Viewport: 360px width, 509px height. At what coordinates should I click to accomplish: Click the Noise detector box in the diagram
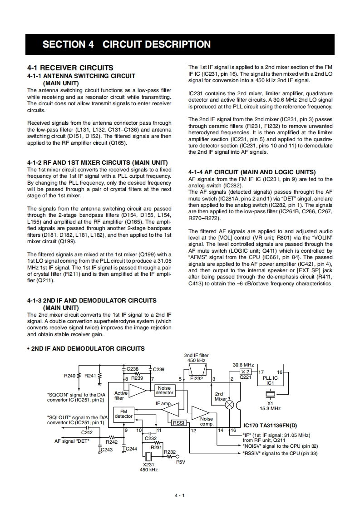(164, 390)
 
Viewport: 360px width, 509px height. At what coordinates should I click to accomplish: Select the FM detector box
(123, 413)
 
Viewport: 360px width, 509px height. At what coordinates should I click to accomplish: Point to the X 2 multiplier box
(246, 372)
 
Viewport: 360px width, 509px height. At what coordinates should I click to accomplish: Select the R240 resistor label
(70, 376)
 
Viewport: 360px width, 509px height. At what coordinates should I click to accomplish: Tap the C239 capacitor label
(159, 369)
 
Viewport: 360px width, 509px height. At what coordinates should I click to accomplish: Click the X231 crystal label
(148, 464)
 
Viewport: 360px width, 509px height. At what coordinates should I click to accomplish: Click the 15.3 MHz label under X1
(270, 408)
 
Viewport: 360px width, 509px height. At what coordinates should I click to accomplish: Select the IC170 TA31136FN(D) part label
(270, 426)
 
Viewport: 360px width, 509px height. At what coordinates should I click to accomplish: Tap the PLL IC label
(270, 377)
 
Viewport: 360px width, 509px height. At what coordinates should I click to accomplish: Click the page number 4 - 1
(180, 495)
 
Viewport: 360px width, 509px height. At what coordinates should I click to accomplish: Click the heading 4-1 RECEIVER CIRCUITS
(70, 68)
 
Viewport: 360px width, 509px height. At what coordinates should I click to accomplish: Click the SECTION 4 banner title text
(127, 44)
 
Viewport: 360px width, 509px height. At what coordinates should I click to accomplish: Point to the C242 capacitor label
(87, 432)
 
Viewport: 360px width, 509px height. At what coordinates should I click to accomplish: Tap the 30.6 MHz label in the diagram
(243, 364)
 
